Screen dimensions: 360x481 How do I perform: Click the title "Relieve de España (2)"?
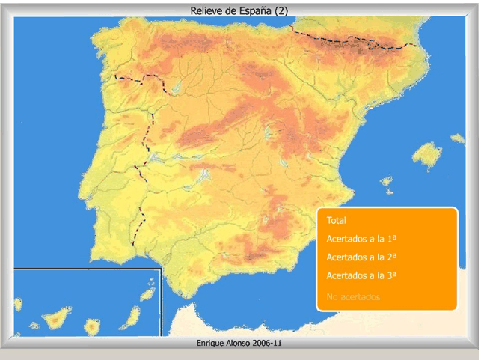(x=239, y=10)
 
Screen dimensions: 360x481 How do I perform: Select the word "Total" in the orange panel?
(x=337, y=221)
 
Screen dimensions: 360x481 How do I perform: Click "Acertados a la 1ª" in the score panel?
(x=361, y=239)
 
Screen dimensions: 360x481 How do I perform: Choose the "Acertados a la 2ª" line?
(x=361, y=257)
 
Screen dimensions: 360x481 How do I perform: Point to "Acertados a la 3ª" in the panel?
(x=361, y=275)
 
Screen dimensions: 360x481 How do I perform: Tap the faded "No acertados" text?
(x=353, y=297)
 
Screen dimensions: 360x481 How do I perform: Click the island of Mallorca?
(x=427, y=156)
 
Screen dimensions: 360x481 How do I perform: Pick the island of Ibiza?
(x=387, y=181)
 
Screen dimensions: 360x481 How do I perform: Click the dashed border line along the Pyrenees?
(x=352, y=41)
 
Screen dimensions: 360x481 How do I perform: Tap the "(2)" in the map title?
(x=280, y=10)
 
